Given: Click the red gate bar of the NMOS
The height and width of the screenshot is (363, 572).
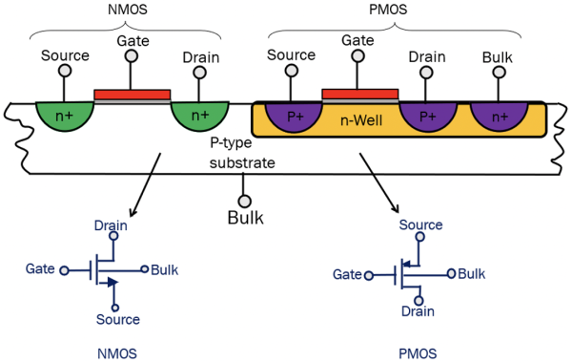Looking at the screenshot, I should [133, 95].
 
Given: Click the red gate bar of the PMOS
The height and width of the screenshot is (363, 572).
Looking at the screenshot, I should [359, 94].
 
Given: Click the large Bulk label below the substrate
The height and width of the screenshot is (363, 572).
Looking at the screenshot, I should [245, 219].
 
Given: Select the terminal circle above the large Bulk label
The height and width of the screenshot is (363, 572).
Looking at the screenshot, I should [245, 201].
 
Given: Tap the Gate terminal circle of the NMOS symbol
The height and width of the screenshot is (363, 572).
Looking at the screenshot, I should [64, 270].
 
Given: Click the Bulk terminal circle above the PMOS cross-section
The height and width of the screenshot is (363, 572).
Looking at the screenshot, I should [498, 72].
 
